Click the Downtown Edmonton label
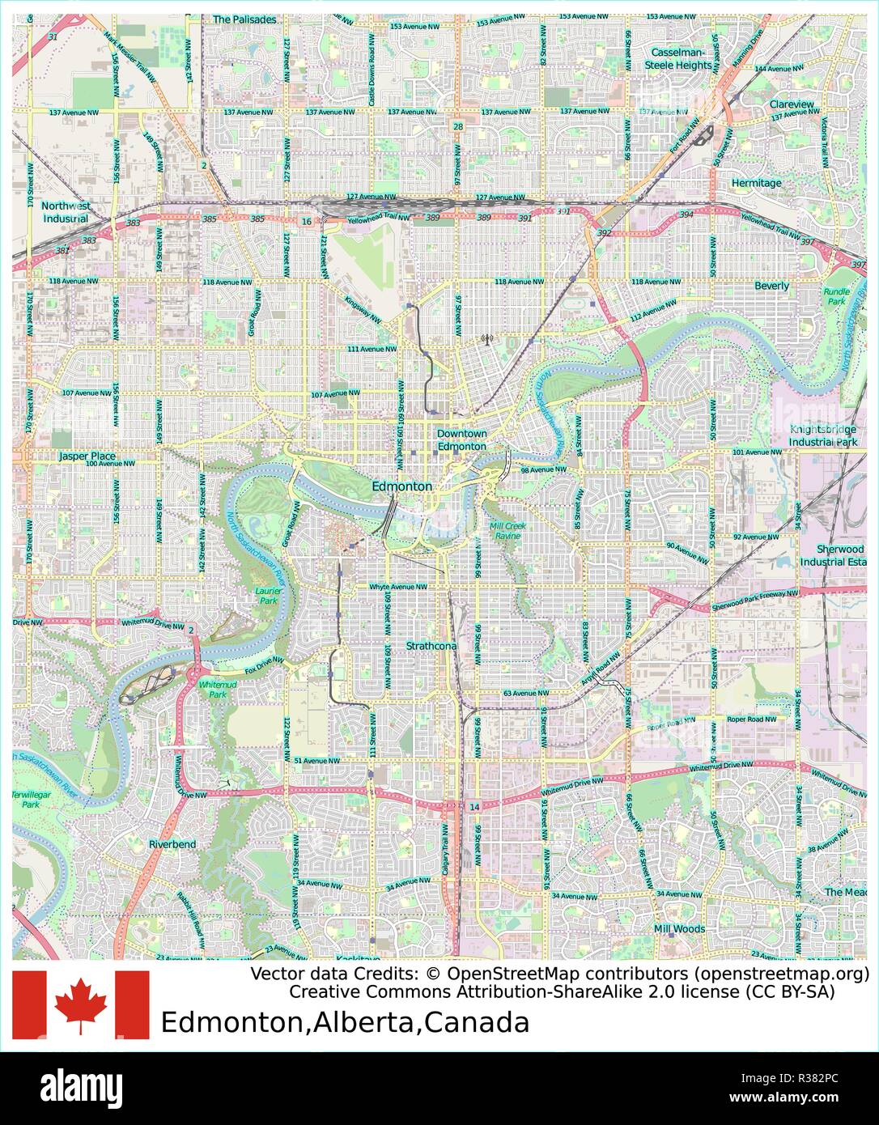[x=461, y=440]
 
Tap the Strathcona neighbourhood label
[x=431, y=647]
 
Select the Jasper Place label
[x=87, y=456]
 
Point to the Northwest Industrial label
[x=66, y=212]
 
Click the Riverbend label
[x=172, y=844]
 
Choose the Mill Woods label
[x=679, y=929]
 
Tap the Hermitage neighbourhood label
[x=756, y=183]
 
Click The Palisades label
[x=244, y=19]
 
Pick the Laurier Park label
[x=267, y=596]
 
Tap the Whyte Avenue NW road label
[x=397, y=587]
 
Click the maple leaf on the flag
[x=81, y=1004]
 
